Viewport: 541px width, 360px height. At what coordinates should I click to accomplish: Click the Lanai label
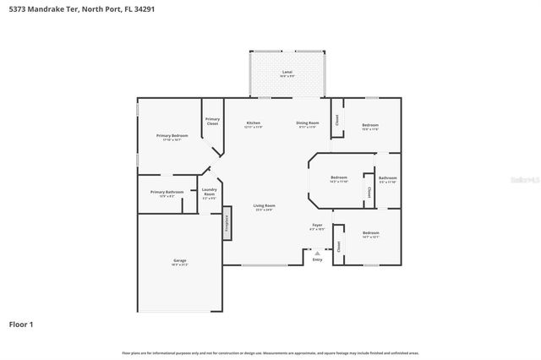click(287, 72)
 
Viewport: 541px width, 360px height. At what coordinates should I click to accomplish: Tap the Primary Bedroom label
click(172, 135)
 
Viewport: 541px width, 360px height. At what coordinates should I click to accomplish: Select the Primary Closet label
click(212, 121)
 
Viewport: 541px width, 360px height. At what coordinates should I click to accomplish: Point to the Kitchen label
click(253, 123)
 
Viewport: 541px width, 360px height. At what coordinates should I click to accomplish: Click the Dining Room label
click(307, 123)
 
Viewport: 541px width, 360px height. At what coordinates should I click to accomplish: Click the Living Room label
click(265, 205)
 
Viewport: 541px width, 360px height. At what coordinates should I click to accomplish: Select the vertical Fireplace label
click(227, 224)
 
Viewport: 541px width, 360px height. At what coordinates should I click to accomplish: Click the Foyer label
click(317, 226)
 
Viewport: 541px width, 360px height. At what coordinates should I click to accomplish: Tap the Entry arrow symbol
click(317, 252)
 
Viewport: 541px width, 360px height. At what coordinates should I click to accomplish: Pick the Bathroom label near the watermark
click(387, 177)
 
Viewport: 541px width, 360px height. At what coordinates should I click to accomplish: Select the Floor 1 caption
click(21, 324)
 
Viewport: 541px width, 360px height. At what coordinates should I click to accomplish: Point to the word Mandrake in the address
click(51, 8)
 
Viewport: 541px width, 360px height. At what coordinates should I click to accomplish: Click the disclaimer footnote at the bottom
click(270, 352)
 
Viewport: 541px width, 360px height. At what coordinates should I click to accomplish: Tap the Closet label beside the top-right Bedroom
click(337, 120)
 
